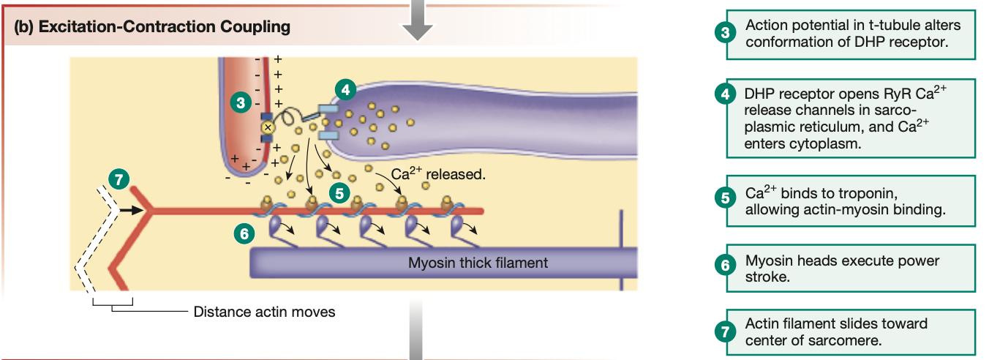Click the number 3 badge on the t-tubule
pos(239,102)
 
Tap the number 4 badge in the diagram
pos(345,90)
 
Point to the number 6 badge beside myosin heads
pos(244,233)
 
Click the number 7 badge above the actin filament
pos(117,178)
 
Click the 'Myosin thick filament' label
pos(478,262)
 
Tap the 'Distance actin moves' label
pos(264,312)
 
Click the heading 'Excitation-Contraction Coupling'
pos(151,27)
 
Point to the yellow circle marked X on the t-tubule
pos(267,127)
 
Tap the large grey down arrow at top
pos(418,22)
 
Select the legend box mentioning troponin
pos(851,201)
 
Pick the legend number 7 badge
pos(725,331)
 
